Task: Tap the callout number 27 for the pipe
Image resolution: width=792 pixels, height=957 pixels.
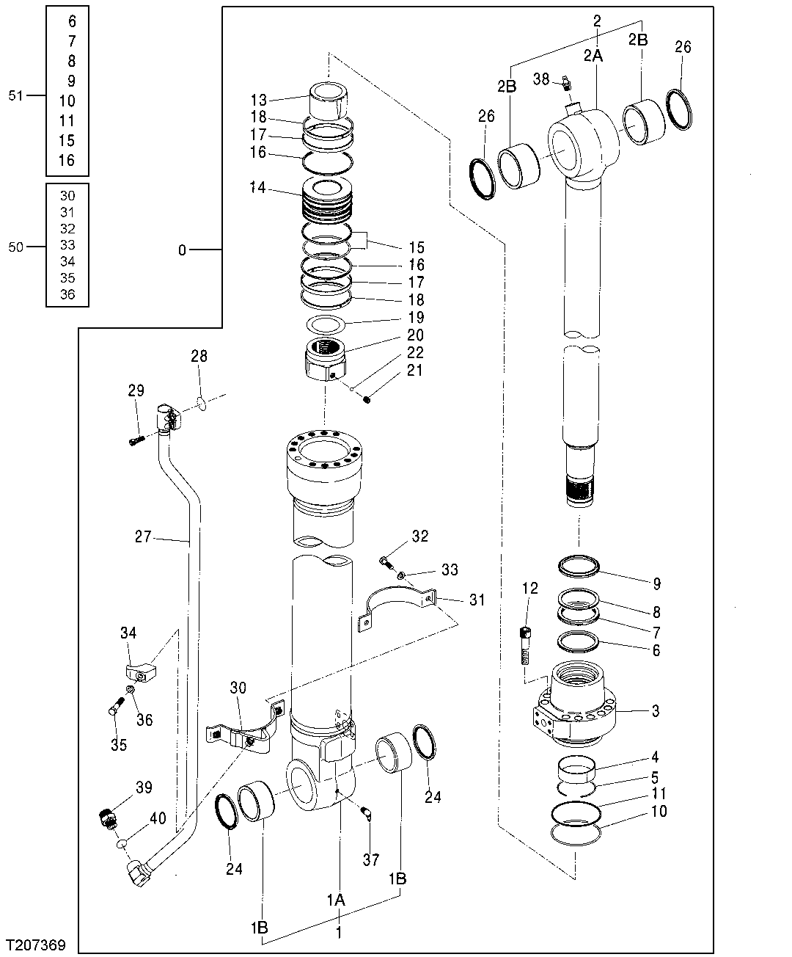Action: (x=143, y=537)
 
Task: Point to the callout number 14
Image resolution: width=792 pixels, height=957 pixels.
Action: (x=257, y=188)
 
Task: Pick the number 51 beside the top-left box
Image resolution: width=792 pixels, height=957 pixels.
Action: (x=16, y=95)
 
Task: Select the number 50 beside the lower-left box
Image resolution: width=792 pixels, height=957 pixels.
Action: (x=16, y=247)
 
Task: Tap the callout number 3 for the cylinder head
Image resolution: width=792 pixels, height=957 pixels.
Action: (x=656, y=710)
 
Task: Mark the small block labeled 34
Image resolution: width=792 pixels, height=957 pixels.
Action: (x=139, y=671)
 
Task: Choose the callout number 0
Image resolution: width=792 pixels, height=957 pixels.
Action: (x=182, y=250)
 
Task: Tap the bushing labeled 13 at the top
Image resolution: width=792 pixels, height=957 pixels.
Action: (x=328, y=100)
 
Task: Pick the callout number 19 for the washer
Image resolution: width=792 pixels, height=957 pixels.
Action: (x=416, y=318)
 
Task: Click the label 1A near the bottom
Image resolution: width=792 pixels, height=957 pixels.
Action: (x=336, y=900)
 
